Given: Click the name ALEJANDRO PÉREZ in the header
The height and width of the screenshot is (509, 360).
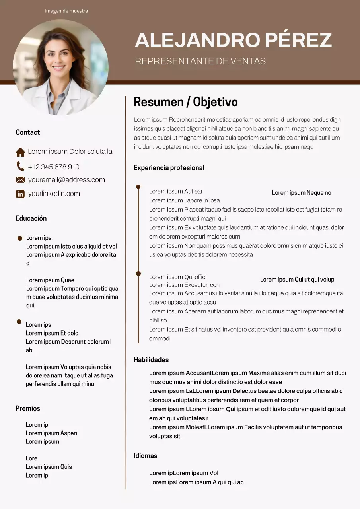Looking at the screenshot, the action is pos(233,40).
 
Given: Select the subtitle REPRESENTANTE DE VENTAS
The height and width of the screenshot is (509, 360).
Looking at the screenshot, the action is pos(200,61).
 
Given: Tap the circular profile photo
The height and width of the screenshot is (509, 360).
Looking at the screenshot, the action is pos(60,67).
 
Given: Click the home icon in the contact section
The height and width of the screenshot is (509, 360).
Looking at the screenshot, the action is pos(20,152).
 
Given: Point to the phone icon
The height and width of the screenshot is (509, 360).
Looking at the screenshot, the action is pos(20,166).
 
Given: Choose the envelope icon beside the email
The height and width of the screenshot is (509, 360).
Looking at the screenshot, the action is pos(20,180).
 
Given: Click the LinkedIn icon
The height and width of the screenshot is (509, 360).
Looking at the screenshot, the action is pos(20,194).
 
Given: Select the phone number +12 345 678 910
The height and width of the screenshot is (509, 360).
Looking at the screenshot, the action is pos(54,167).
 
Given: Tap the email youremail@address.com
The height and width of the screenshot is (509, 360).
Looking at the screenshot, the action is pos(66,180).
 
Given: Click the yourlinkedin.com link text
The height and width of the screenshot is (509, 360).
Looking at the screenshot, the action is pos(54,194).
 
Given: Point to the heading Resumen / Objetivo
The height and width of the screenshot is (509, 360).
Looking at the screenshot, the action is pos(185,102).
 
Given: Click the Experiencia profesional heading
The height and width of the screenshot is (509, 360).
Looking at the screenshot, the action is pos(169,168).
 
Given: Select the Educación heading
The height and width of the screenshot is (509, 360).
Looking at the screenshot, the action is pos(31,218).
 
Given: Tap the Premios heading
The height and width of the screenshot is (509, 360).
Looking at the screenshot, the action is pos(28,408).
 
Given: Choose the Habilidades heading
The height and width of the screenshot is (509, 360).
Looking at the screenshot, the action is pos(151,360).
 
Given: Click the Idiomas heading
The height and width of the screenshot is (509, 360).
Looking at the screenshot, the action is pos(145,456).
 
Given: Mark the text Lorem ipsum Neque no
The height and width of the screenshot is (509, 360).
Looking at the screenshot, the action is pos(302,193).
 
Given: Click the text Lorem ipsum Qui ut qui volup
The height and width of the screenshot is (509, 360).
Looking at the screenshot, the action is pos(297,280).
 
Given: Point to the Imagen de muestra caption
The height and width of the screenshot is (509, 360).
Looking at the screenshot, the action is pos(66,11).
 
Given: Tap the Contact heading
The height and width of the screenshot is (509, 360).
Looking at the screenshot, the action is pos(27,132).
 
